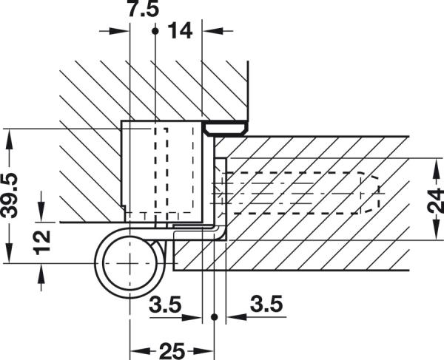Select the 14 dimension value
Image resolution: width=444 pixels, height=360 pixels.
179,31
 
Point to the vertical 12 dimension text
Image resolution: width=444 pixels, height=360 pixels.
42,239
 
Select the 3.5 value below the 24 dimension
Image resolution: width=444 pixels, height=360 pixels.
263,304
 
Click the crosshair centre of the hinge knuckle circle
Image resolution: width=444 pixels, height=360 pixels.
130,263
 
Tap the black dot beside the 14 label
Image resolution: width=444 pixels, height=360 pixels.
155,31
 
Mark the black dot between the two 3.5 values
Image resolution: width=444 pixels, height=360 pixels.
214,316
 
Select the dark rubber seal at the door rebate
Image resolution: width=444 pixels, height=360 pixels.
225,129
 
